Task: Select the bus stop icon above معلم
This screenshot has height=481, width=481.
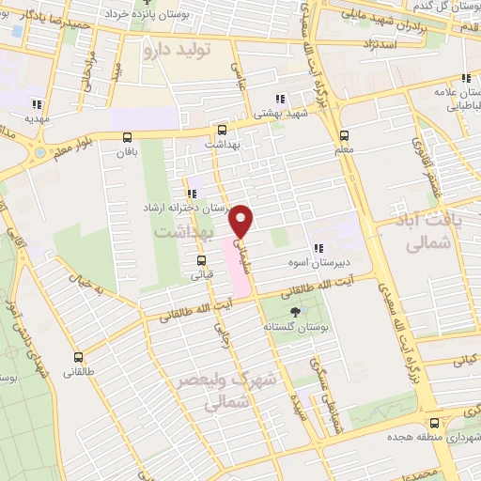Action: point(345,134)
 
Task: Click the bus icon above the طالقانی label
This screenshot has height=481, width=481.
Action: point(78,357)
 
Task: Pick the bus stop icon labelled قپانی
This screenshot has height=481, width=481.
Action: point(201,261)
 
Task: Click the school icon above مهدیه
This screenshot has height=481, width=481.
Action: point(38,104)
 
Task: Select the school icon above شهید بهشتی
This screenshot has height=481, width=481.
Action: point(279,98)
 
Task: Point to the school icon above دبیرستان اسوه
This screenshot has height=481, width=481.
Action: point(331,248)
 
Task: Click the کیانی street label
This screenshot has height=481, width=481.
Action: point(465,357)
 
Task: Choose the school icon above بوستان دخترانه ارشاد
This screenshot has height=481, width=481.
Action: point(192,193)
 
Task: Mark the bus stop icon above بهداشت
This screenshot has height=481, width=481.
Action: point(222,131)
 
